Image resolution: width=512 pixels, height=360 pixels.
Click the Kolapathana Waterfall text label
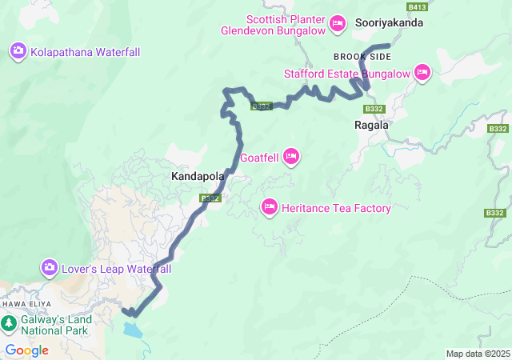coord(86,52)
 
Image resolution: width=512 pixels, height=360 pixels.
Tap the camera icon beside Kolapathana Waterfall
coord(18,52)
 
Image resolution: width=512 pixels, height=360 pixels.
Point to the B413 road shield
coord(416,6)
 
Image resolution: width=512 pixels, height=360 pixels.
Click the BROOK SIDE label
coord(362,57)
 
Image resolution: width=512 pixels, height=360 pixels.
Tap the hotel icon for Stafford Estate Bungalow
coord(422,74)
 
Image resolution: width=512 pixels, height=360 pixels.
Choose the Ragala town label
coord(371,125)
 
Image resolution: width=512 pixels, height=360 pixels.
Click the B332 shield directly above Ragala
coord(373,108)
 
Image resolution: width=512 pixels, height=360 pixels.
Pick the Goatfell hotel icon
coord(291,157)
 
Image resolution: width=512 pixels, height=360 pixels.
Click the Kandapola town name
coord(196,174)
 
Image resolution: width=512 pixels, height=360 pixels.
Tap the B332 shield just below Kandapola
coord(210,198)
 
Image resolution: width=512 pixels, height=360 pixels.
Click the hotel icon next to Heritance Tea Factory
coord(270,208)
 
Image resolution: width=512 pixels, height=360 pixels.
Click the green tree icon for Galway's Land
coord(9,324)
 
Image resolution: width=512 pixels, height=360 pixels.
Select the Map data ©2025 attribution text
coord(477,354)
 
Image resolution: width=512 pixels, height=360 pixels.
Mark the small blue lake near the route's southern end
coord(133,329)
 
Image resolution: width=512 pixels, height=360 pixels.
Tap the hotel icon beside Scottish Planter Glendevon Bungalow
coord(338,25)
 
